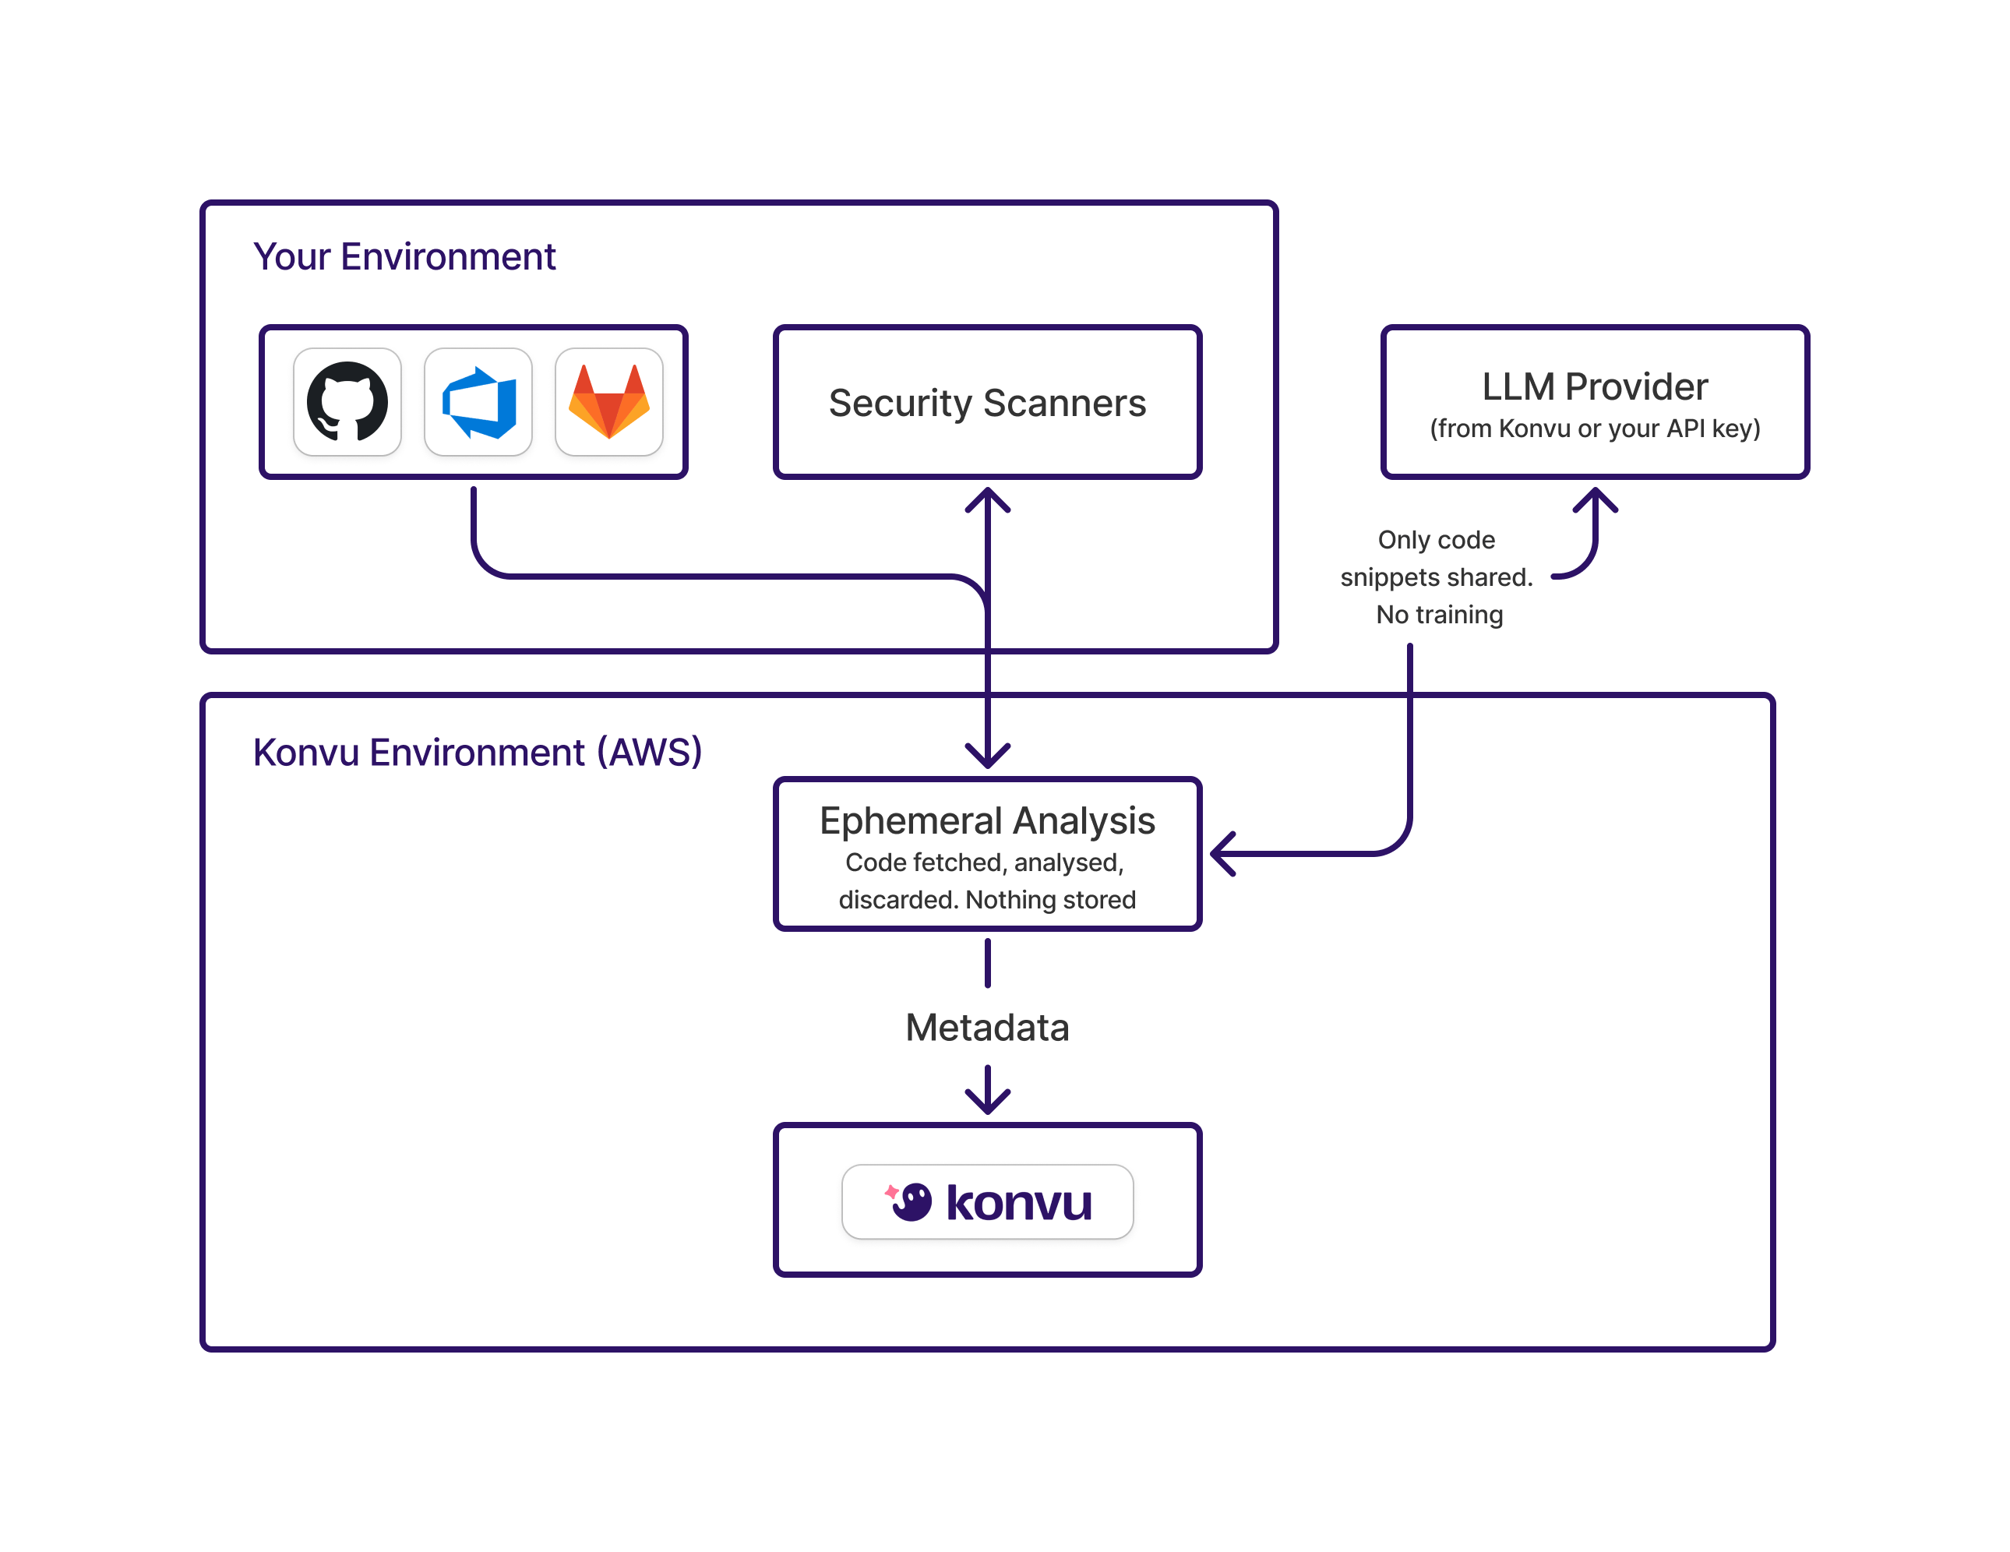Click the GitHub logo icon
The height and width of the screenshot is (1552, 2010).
(347, 401)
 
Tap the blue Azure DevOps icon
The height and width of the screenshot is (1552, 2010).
(478, 402)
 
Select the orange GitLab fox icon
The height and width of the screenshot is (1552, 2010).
(609, 402)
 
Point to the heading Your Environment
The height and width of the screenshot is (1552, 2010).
(404, 257)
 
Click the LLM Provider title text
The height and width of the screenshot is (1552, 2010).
(1594, 386)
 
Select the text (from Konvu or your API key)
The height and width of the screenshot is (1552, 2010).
(1594, 429)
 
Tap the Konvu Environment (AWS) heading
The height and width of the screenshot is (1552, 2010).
(477, 752)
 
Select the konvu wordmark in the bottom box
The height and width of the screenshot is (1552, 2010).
(1019, 1203)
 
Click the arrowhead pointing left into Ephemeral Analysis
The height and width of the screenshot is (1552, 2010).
(1222, 853)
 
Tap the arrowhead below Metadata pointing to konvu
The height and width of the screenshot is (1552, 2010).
(988, 1100)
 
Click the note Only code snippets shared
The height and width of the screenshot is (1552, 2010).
(1436, 558)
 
